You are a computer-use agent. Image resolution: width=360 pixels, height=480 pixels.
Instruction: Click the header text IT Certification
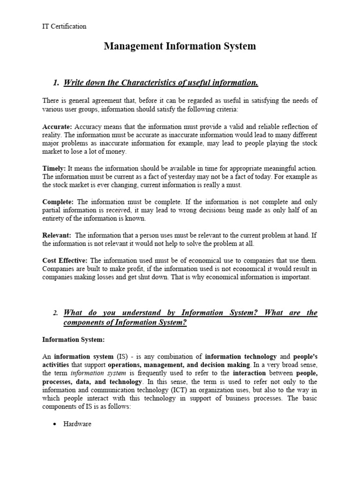point(64,26)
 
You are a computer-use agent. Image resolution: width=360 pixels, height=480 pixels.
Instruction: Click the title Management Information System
point(180,46)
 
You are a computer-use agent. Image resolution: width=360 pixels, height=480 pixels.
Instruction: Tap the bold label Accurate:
point(57,127)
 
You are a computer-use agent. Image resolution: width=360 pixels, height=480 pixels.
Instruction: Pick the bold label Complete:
point(59,202)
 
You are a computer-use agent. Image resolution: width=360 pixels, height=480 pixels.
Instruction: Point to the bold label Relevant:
point(57,235)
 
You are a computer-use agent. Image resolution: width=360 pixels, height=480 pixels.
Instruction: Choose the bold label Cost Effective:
point(65,260)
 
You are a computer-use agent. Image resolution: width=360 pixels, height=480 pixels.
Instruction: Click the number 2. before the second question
point(55,313)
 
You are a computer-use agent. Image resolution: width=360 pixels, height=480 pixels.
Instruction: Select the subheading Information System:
point(74,339)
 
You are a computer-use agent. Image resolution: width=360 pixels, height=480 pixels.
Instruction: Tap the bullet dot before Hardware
point(55,424)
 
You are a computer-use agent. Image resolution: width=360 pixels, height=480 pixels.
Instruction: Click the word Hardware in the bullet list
point(77,424)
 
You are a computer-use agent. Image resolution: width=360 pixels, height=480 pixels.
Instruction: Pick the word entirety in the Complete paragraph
point(55,218)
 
